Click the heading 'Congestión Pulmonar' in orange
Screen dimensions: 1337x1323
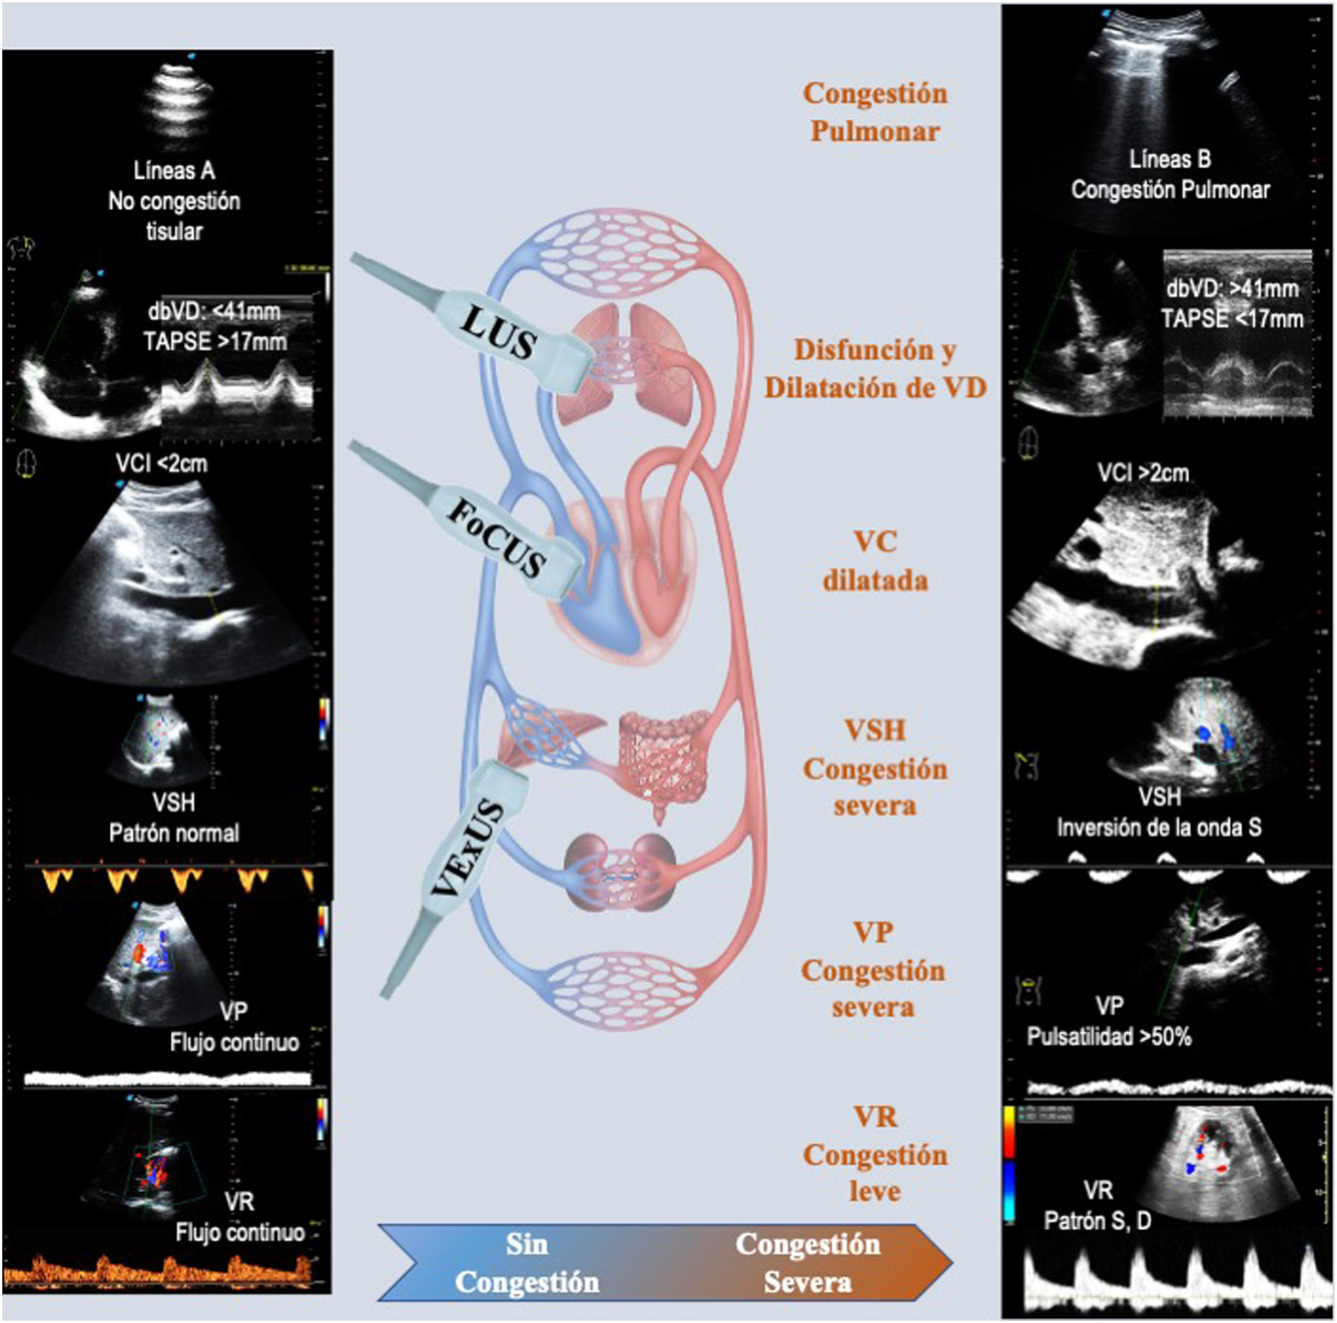tap(875, 112)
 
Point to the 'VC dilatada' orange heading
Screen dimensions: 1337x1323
tap(875, 561)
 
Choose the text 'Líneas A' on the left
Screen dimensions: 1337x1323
tap(174, 170)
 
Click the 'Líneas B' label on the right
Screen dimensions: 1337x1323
tap(1170, 159)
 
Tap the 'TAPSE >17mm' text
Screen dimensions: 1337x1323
tap(215, 341)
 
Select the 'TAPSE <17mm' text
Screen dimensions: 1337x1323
tap(1232, 319)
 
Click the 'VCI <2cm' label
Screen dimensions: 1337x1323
tap(161, 462)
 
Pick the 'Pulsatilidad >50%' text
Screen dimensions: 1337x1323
tap(1109, 1036)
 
